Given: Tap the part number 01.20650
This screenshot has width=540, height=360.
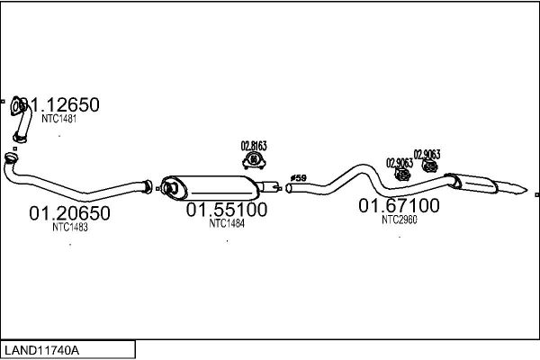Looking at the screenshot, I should tap(69, 214).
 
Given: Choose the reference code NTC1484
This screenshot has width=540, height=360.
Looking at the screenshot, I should tap(227, 223).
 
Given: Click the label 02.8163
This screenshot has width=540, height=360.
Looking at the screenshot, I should tap(254, 145).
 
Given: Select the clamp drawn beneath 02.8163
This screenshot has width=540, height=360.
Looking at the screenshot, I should tap(254, 161).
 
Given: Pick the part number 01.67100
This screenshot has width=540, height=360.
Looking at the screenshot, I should tap(400, 206).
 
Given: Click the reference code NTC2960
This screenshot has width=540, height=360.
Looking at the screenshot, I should tap(399, 219).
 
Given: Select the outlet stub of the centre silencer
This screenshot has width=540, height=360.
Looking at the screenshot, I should tap(267, 187).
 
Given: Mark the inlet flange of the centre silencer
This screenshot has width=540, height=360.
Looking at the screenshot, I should tap(165, 187).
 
